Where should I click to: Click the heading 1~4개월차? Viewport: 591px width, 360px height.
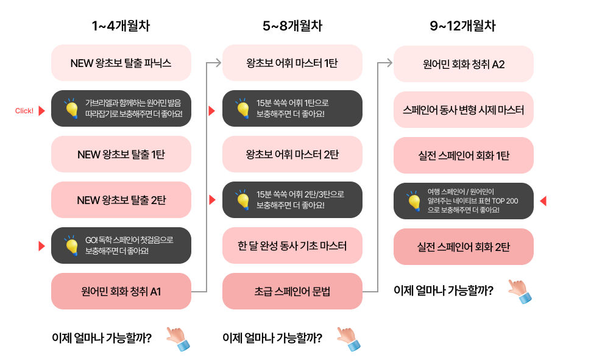tap(121, 26)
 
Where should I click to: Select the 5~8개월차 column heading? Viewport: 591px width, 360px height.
tap(292, 26)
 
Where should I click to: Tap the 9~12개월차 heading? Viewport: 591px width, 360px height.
tap(463, 26)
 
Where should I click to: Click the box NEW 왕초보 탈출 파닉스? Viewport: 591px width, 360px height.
tap(121, 63)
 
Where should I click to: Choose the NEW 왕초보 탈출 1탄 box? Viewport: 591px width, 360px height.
tap(121, 154)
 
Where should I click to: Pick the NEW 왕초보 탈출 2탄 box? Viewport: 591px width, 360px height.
tap(121, 200)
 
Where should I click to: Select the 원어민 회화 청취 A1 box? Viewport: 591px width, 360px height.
tap(121, 291)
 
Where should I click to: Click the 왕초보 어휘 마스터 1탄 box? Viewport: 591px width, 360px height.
tap(292, 63)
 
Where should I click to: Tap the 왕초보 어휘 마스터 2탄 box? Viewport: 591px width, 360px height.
tap(292, 154)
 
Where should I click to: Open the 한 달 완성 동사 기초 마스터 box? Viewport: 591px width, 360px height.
tap(292, 245)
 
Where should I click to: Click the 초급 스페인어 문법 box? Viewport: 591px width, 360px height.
tap(292, 291)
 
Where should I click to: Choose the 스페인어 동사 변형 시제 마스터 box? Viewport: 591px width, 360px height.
tap(464, 110)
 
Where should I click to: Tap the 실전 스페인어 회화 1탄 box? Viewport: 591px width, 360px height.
tap(464, 155)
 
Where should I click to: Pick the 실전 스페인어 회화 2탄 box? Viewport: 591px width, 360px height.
tap(464, 247)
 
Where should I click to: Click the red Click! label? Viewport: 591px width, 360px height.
tap(24, 111)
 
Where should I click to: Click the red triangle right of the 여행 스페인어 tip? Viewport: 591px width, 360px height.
tap(543, 200)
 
